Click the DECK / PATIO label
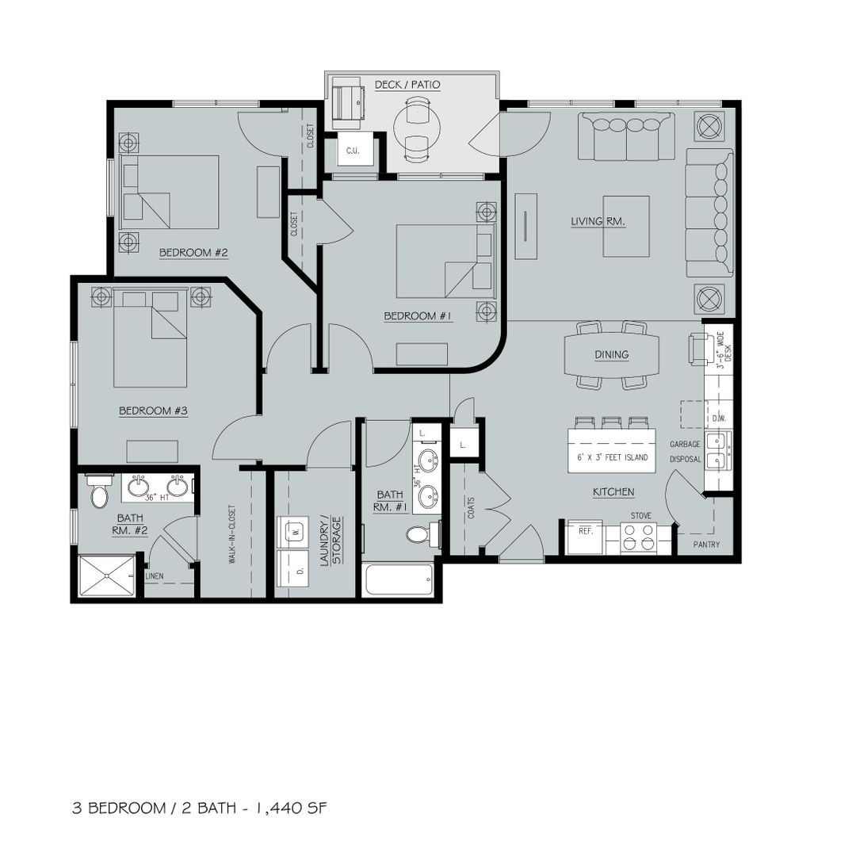tap(407, 85)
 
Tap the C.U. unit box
tap(353, 151)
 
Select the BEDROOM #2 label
tap(193, 253)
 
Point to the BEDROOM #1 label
tap(418, 316)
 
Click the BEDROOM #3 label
tap(154, 411)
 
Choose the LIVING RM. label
tap(598, 221)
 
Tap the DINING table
tap(611, 354)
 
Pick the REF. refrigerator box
tap(585, 537)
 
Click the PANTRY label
tap(706, 545)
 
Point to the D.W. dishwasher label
tap(717, 419)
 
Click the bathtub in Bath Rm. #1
tap(399, 579)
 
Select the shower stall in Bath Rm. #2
tap(106, 576)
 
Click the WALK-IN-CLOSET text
tap(232, 534)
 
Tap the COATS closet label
tap(471, 507)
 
